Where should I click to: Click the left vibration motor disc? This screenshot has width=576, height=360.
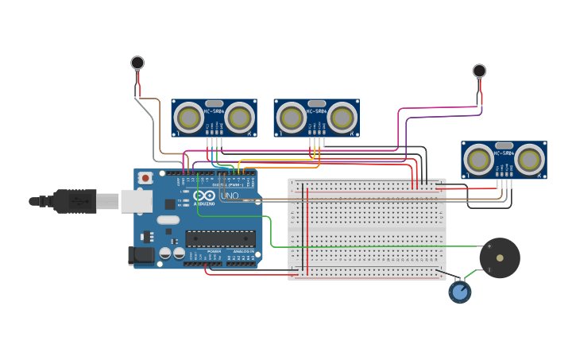[x=137, y=62]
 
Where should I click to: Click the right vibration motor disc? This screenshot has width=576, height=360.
[x=479, y=71]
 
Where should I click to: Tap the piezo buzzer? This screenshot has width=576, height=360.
[x=500, y=257]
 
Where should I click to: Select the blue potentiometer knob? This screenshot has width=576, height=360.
[x=459, y=292]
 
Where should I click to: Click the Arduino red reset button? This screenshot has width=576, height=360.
[x=145, y=179]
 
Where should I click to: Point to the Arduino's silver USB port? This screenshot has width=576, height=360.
[x=136, y=201]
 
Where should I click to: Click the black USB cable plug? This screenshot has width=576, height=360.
[x=75, y=201]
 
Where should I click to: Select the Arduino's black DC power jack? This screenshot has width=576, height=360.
[x=141, y=255]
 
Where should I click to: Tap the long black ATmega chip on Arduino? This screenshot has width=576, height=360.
[x=220, y=238]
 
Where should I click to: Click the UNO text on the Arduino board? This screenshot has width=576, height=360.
[x=230, y=195]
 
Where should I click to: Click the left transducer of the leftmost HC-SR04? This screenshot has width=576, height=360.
[x=189, y=118]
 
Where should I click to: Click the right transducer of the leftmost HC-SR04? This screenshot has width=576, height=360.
[x=239, y=118]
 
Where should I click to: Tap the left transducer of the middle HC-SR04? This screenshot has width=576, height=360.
[x=292, y=118]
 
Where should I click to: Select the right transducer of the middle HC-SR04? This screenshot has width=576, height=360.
[x=342, y=118]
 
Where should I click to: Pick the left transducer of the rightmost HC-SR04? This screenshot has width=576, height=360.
[x=479, y=160]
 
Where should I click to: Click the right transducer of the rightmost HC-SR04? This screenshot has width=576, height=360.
[x=529, y=160]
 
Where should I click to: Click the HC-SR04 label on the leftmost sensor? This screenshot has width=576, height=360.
[x=214, y=110]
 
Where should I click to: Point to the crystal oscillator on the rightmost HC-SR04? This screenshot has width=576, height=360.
[x=504, y=145]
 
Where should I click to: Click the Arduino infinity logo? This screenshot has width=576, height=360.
[x=203, y=195]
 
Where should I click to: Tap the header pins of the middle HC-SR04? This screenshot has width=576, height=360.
[x=316, y=141]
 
